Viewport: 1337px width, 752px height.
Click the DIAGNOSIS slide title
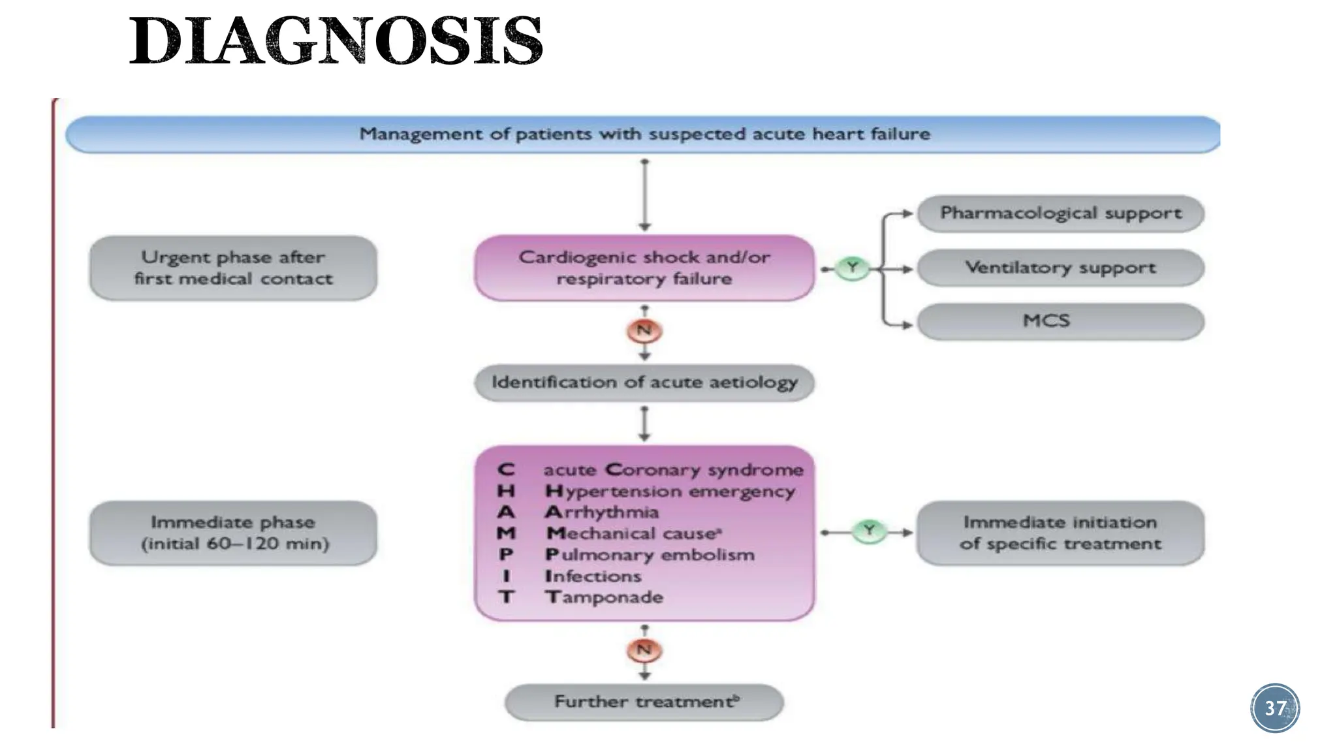[x=336, y=41]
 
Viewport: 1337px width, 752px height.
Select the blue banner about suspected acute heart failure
[x=643, y=134]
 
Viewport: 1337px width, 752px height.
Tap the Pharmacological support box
[x=1060, y=213]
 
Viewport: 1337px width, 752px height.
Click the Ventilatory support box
[x=1060, y=268]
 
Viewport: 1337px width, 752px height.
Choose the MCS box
[x=1060, y=321]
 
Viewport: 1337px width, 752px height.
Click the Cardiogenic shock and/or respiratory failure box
[x=644, y=268]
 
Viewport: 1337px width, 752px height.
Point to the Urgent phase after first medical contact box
[x=233, y=268]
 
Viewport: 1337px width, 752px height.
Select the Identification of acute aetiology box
[x=644, y=382]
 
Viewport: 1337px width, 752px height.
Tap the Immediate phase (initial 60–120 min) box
[x=233, y=533]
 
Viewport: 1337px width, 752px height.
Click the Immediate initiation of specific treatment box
[x=1060, y=533]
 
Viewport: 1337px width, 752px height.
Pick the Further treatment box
[x=644, y=702]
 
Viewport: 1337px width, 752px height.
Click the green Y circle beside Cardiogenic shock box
[x=852, y=268]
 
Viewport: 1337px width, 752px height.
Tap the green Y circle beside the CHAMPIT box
[x=869, y=531]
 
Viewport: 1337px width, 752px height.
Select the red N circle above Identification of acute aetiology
[x=644, y=330]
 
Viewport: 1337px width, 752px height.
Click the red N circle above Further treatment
[x=644, y=650]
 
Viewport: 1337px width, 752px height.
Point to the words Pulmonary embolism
[x=650, y=555]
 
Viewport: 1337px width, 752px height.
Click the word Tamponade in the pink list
[x=605, y=597]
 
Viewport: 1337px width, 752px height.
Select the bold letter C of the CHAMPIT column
[x=506, y=470]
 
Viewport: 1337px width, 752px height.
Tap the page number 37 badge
[x=1275, y=708]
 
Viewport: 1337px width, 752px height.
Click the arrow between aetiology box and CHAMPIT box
[x=644, y=424]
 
